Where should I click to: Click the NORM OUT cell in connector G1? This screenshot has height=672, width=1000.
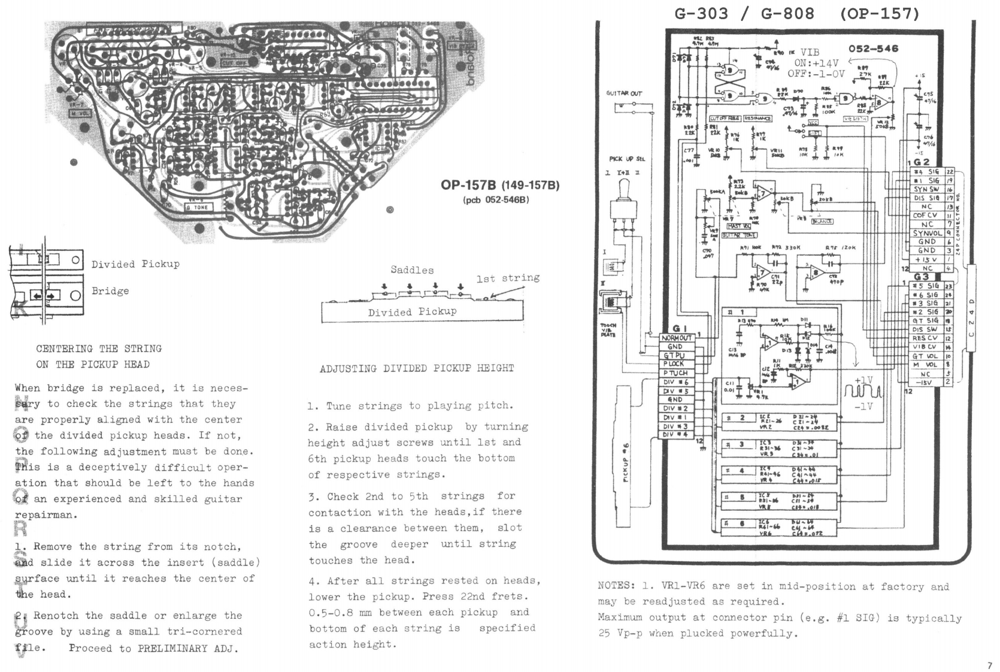[677, 338]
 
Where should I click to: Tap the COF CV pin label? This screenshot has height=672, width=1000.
[925, 216]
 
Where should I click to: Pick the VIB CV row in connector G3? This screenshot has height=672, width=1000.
[925, 347]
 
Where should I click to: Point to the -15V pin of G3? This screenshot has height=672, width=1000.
[925, 382]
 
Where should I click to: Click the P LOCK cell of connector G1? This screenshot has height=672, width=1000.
[674, 364]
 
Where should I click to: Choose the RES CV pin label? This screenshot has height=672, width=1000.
[925, 338]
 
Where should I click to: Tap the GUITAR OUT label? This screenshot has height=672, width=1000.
[624, 93]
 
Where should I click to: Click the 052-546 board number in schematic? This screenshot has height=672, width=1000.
[874, 49]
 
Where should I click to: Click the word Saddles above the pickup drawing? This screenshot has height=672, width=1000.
[412, 270]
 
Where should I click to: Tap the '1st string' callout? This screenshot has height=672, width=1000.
[508, 278]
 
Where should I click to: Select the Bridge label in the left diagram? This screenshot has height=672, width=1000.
[110, 291]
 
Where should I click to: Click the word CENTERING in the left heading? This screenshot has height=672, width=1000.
[65, 349]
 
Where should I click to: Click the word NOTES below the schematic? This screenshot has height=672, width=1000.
[616, 586]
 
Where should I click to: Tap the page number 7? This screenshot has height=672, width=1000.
[989, 665]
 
